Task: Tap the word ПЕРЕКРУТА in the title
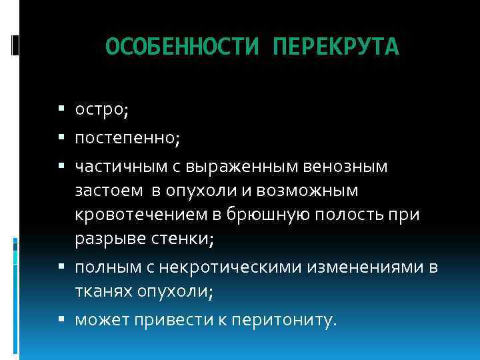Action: tap(336, 47)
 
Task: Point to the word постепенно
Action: tap(124, 140)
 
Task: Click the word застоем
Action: tap(108, 191)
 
